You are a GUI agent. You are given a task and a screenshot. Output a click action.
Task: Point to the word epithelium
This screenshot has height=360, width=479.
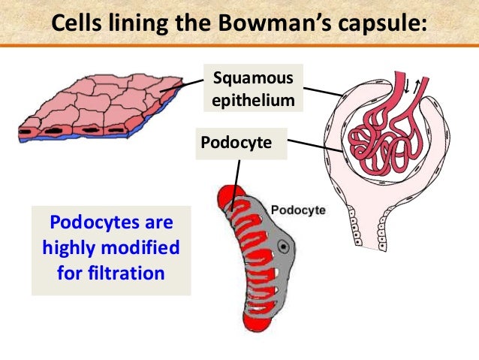pos(250,99)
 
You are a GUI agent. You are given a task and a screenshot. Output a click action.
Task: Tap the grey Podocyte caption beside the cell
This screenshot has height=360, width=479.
pos(297,210)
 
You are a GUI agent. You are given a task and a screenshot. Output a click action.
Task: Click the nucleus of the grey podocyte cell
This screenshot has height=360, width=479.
pos(284,246)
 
